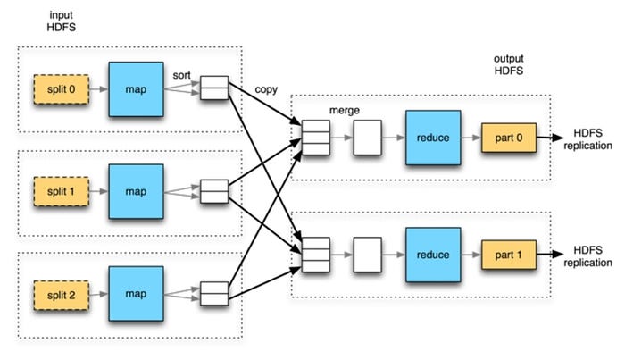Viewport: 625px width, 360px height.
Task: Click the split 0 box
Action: [x=61, y=89]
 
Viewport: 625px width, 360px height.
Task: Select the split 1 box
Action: [x=61, y=190]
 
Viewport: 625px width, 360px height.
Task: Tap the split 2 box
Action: [x=61, y=291]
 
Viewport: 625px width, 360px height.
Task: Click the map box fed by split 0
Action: [x=136, y=89]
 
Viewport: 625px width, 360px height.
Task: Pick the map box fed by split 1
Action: [x=136, y=190]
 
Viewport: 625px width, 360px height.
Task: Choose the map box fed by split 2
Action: [x=136, y=291]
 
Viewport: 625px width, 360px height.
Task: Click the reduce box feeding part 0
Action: [x=432, y=138]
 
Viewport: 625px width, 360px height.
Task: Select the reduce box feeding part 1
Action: [x=432, y=254]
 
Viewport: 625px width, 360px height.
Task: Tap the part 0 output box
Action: [x=508, y=138]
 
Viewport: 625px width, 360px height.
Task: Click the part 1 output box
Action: [x=508, y=254]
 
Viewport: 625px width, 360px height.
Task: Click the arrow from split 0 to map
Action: [x=97, y=89]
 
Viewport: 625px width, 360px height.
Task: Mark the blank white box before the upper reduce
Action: [x=367, y=138]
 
